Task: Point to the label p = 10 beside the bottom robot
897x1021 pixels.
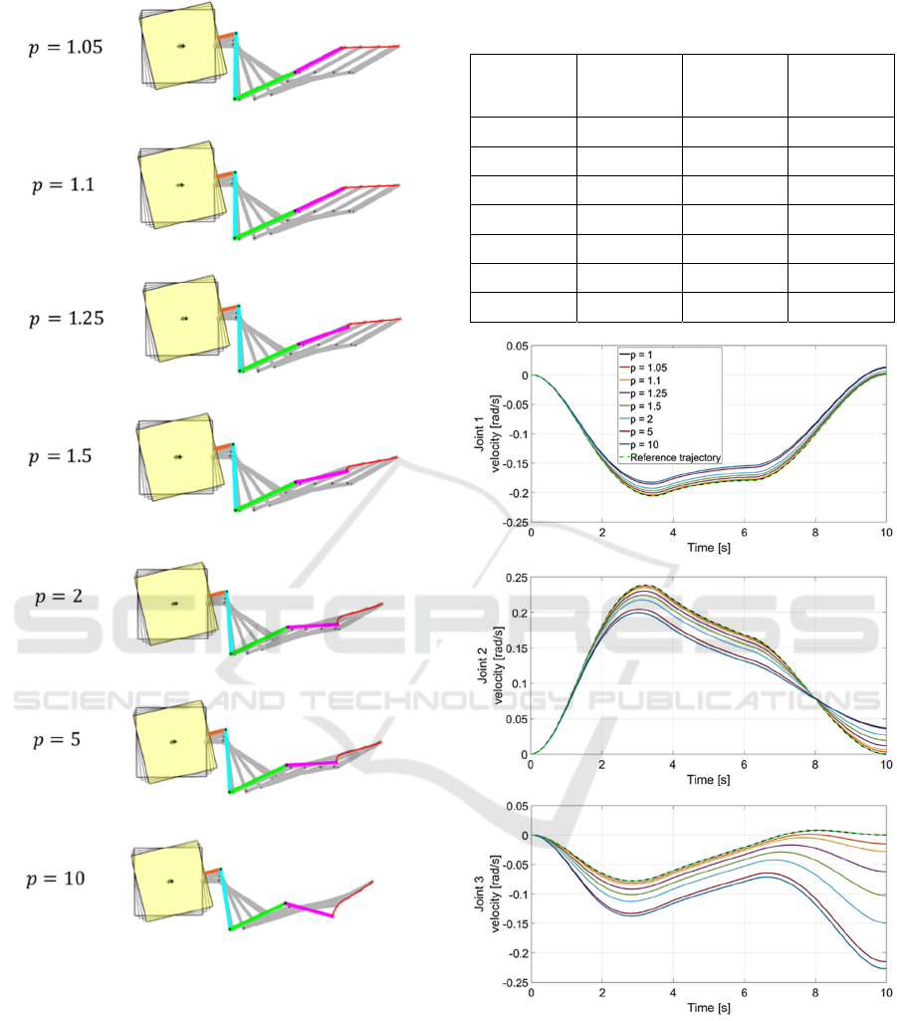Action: [56, 878]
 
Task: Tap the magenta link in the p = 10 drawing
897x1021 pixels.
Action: [310, 911]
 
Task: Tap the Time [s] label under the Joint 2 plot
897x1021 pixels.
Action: [708, 779]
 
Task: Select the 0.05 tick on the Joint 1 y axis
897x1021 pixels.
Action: [514, 345]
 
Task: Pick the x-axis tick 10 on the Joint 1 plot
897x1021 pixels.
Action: [884, 533]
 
